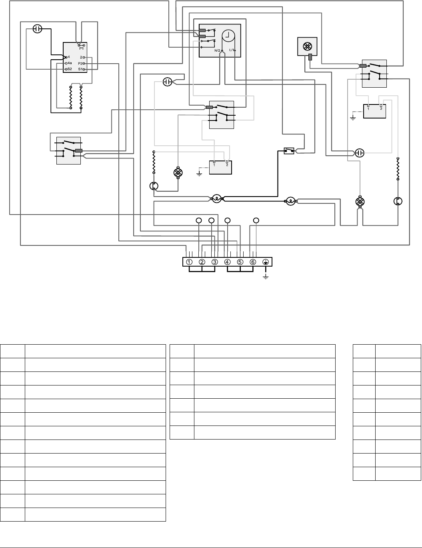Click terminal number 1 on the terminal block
coord(189,262)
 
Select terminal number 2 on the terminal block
coord(202,262)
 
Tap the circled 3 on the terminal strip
coord(215,262)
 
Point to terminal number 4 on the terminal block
coord(227,262)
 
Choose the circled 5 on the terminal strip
coord(240,262)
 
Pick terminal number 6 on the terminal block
coord(253,262)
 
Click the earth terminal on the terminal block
coord(265,262)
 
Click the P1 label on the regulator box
coord(81,48)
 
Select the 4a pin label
coord(70,63)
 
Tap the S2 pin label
coord(70,69)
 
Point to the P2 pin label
coord(80,64)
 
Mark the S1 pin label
coord(80,69)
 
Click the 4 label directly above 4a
coord(69,57)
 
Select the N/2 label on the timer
coord(217,50)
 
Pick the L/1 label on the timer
coord(232,50)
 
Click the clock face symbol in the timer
coord(228,36)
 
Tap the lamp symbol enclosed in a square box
coord(307,46)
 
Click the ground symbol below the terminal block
coord(266,277)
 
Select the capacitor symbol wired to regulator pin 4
coord(38,29)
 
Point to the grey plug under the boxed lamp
coord(310,57)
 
